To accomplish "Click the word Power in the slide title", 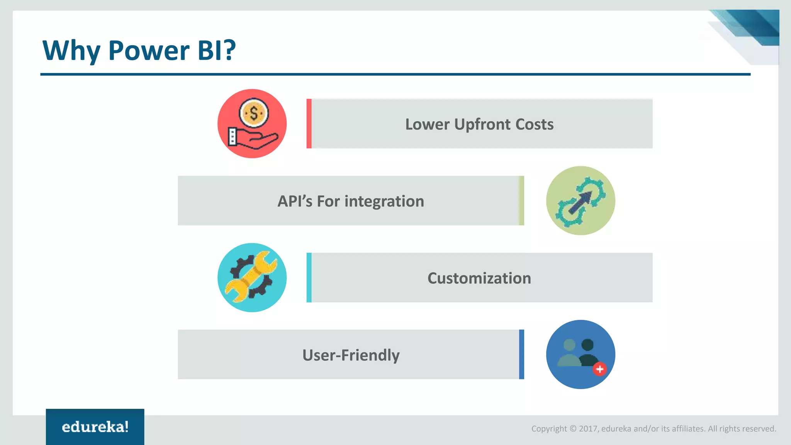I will pos(149,50).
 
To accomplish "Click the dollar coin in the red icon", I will pos(254,113).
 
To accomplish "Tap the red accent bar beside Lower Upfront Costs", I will pos(309,124).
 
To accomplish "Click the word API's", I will pos(294,201).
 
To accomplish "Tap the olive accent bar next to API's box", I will pos(521,200).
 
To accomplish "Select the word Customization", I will pos(479,278).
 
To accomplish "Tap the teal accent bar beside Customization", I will pos(309,277).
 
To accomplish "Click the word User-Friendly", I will pos(351,355).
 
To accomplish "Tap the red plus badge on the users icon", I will pos(599,369).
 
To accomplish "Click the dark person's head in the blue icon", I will pos(587,345).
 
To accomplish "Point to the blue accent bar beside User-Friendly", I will pos(521,354).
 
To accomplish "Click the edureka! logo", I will pos(95,427).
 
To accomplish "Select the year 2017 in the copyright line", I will pos(588,429).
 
